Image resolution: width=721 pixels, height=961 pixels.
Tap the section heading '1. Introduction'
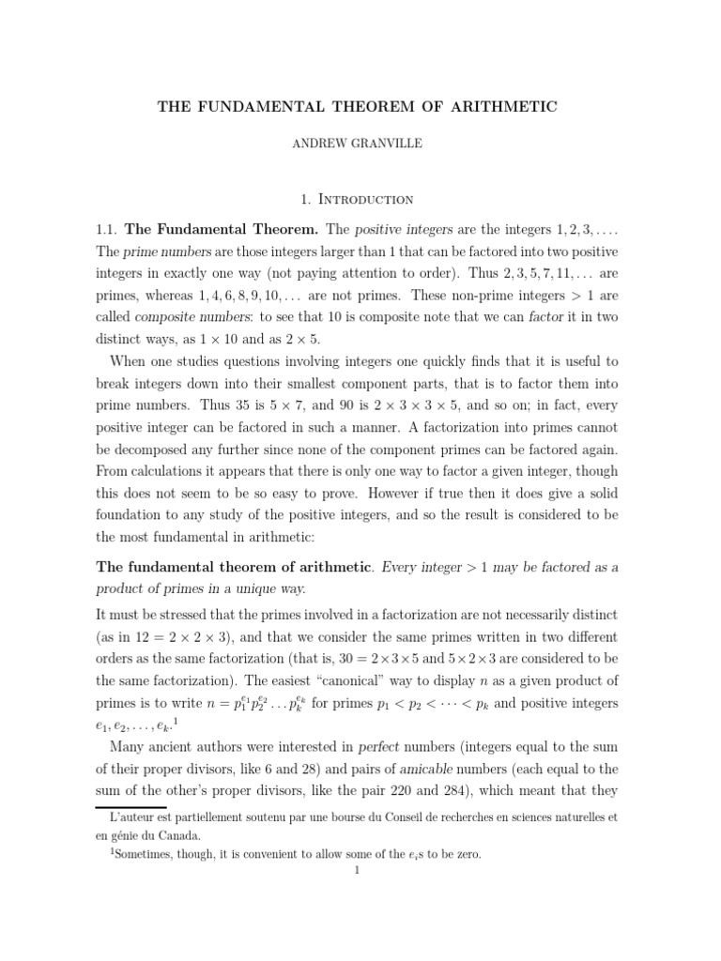click(x=360, y=199)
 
